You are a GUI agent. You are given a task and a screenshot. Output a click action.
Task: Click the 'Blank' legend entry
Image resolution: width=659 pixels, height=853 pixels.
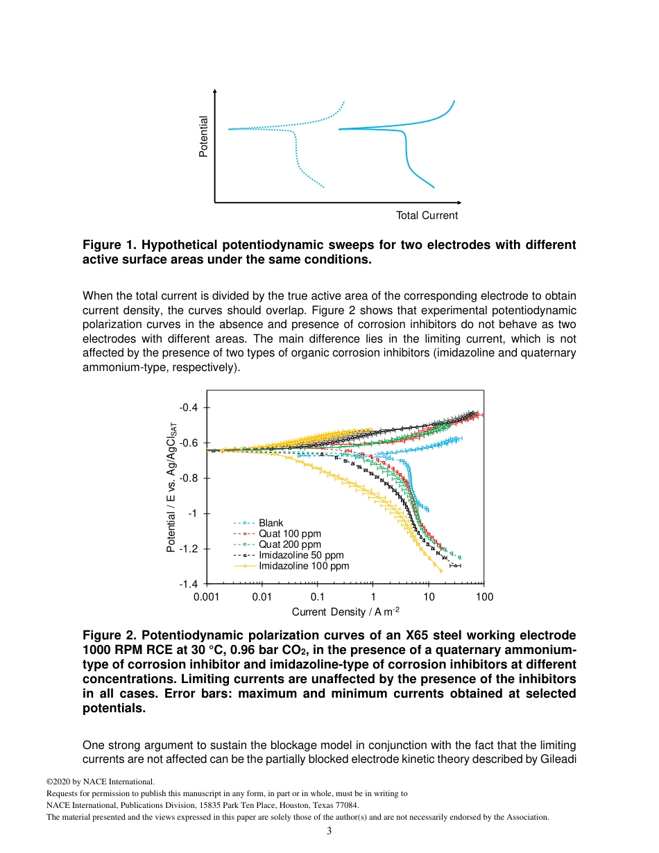click(271, 523)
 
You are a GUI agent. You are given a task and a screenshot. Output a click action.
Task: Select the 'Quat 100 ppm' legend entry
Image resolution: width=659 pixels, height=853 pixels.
click(289, 534)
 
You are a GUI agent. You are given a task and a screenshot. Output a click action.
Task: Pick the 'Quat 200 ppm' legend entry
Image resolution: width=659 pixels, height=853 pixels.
click(289, 544)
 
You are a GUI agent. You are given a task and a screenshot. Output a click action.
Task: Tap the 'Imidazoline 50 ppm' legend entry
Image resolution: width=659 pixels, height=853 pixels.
click(301, 555)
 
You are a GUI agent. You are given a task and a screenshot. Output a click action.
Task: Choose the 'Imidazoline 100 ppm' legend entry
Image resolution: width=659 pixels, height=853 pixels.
click(304, 566)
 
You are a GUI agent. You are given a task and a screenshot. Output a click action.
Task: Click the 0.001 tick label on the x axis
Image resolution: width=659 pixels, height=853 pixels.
click(206, 596)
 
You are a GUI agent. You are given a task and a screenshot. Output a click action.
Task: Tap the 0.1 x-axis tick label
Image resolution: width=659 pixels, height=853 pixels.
click(317, 596)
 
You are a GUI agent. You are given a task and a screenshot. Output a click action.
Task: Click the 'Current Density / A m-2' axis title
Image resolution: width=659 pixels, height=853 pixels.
click(345, 612)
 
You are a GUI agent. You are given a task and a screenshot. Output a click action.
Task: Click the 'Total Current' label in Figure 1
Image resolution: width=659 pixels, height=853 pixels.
click(427, 216)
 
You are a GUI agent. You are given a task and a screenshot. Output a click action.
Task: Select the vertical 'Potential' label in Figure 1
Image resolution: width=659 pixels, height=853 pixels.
click(203, 136)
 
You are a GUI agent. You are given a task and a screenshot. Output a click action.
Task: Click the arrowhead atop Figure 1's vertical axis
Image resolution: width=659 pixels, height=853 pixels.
click(215, 92)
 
